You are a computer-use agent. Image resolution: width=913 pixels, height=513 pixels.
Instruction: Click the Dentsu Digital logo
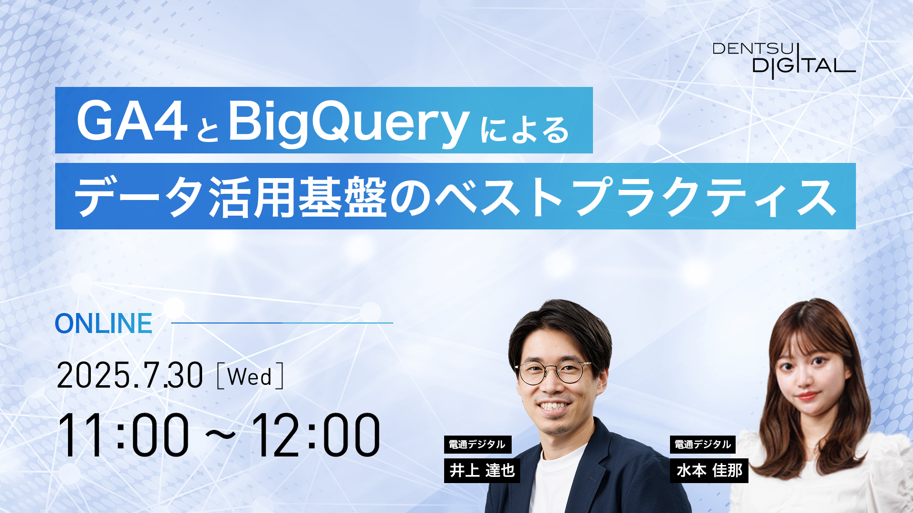[784, 60]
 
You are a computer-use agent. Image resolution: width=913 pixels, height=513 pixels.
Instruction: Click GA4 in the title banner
[132, 122]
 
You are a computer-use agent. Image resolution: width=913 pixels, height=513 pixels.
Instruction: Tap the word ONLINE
[104, 323]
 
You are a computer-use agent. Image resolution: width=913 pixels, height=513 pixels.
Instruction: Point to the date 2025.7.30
[130, 376]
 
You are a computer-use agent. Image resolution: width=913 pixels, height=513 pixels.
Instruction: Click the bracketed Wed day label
[250, 377]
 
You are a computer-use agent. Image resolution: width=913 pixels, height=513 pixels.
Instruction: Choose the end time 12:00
[316, 435]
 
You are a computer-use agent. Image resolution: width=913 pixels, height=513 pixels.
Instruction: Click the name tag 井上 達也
[482, 470]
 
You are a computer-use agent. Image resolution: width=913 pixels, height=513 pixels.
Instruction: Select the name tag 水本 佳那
[709, 470]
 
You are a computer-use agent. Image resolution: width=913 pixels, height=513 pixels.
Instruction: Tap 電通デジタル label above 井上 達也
[477, 445]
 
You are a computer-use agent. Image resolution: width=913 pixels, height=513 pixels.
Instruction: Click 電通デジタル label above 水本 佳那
[703, 445]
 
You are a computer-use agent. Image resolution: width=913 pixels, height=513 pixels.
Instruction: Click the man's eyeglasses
[553, 372]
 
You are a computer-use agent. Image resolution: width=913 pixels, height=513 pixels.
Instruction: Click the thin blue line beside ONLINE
[282, 323]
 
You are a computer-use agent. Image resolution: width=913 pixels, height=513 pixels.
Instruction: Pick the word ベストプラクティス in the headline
[635, 197]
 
